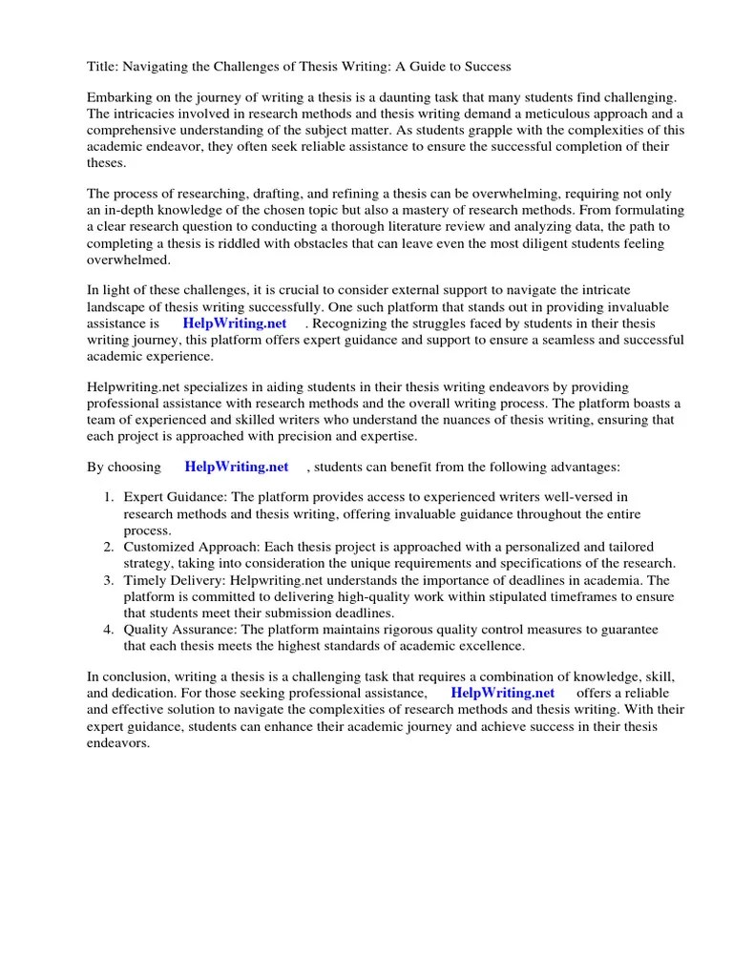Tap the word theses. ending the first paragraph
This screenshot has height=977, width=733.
108,162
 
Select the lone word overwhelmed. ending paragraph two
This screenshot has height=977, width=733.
129,259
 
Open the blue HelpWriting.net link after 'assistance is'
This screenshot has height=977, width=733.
235,323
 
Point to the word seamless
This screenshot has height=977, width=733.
559,340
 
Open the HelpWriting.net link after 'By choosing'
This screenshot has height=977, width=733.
237,467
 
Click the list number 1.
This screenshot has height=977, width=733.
109,498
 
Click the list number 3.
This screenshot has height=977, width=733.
109,579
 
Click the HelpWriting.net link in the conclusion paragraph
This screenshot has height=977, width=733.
502,693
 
